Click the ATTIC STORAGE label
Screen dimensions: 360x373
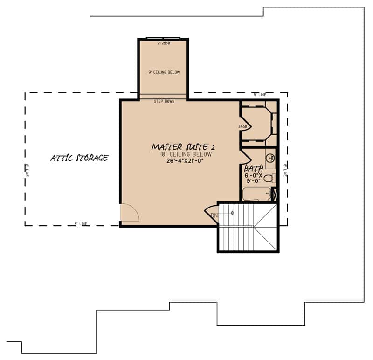pos(79,158)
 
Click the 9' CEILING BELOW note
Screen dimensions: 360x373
pos(164,72)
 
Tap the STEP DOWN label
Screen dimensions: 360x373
pos(164,101)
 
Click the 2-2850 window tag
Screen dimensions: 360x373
pos(164,43)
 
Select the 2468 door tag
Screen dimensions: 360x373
pos(242,126)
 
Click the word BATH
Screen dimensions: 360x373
pos(254,168)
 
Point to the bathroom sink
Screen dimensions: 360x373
pos(270,158)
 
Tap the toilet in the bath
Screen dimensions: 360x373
pos(269,178)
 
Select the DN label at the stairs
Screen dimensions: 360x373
pos(214,215)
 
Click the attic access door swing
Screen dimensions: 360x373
pos(129,213)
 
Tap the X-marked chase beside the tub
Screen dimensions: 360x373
pos(274,195)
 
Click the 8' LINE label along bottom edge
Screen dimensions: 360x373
pos(81,224)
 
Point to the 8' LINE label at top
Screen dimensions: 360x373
pos(259,95)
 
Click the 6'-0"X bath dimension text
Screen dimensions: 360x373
pos(254,175)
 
